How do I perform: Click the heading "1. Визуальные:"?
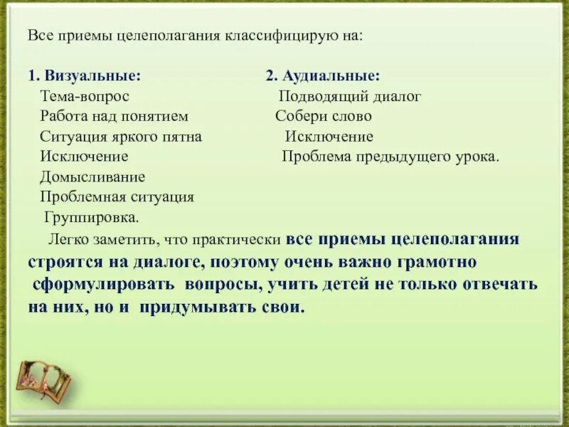[x=85, y=75]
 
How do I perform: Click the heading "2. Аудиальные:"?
[x=323, y=75]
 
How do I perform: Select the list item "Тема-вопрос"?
[x=85, y=96]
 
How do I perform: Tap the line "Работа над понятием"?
[x=115, y=116]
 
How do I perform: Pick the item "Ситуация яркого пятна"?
[x=121, y=136]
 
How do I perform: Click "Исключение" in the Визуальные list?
[x=84, y=156]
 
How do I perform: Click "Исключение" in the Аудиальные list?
[x=329, y=136]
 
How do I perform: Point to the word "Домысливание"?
[x=92, y=176]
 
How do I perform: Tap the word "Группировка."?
[x=92, y=216]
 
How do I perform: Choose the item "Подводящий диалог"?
[x=350, y=96]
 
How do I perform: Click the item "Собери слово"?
[x=324, y=116]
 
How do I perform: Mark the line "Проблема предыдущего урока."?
[x=390, y=156]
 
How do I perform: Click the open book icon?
[x=43, y=377]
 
